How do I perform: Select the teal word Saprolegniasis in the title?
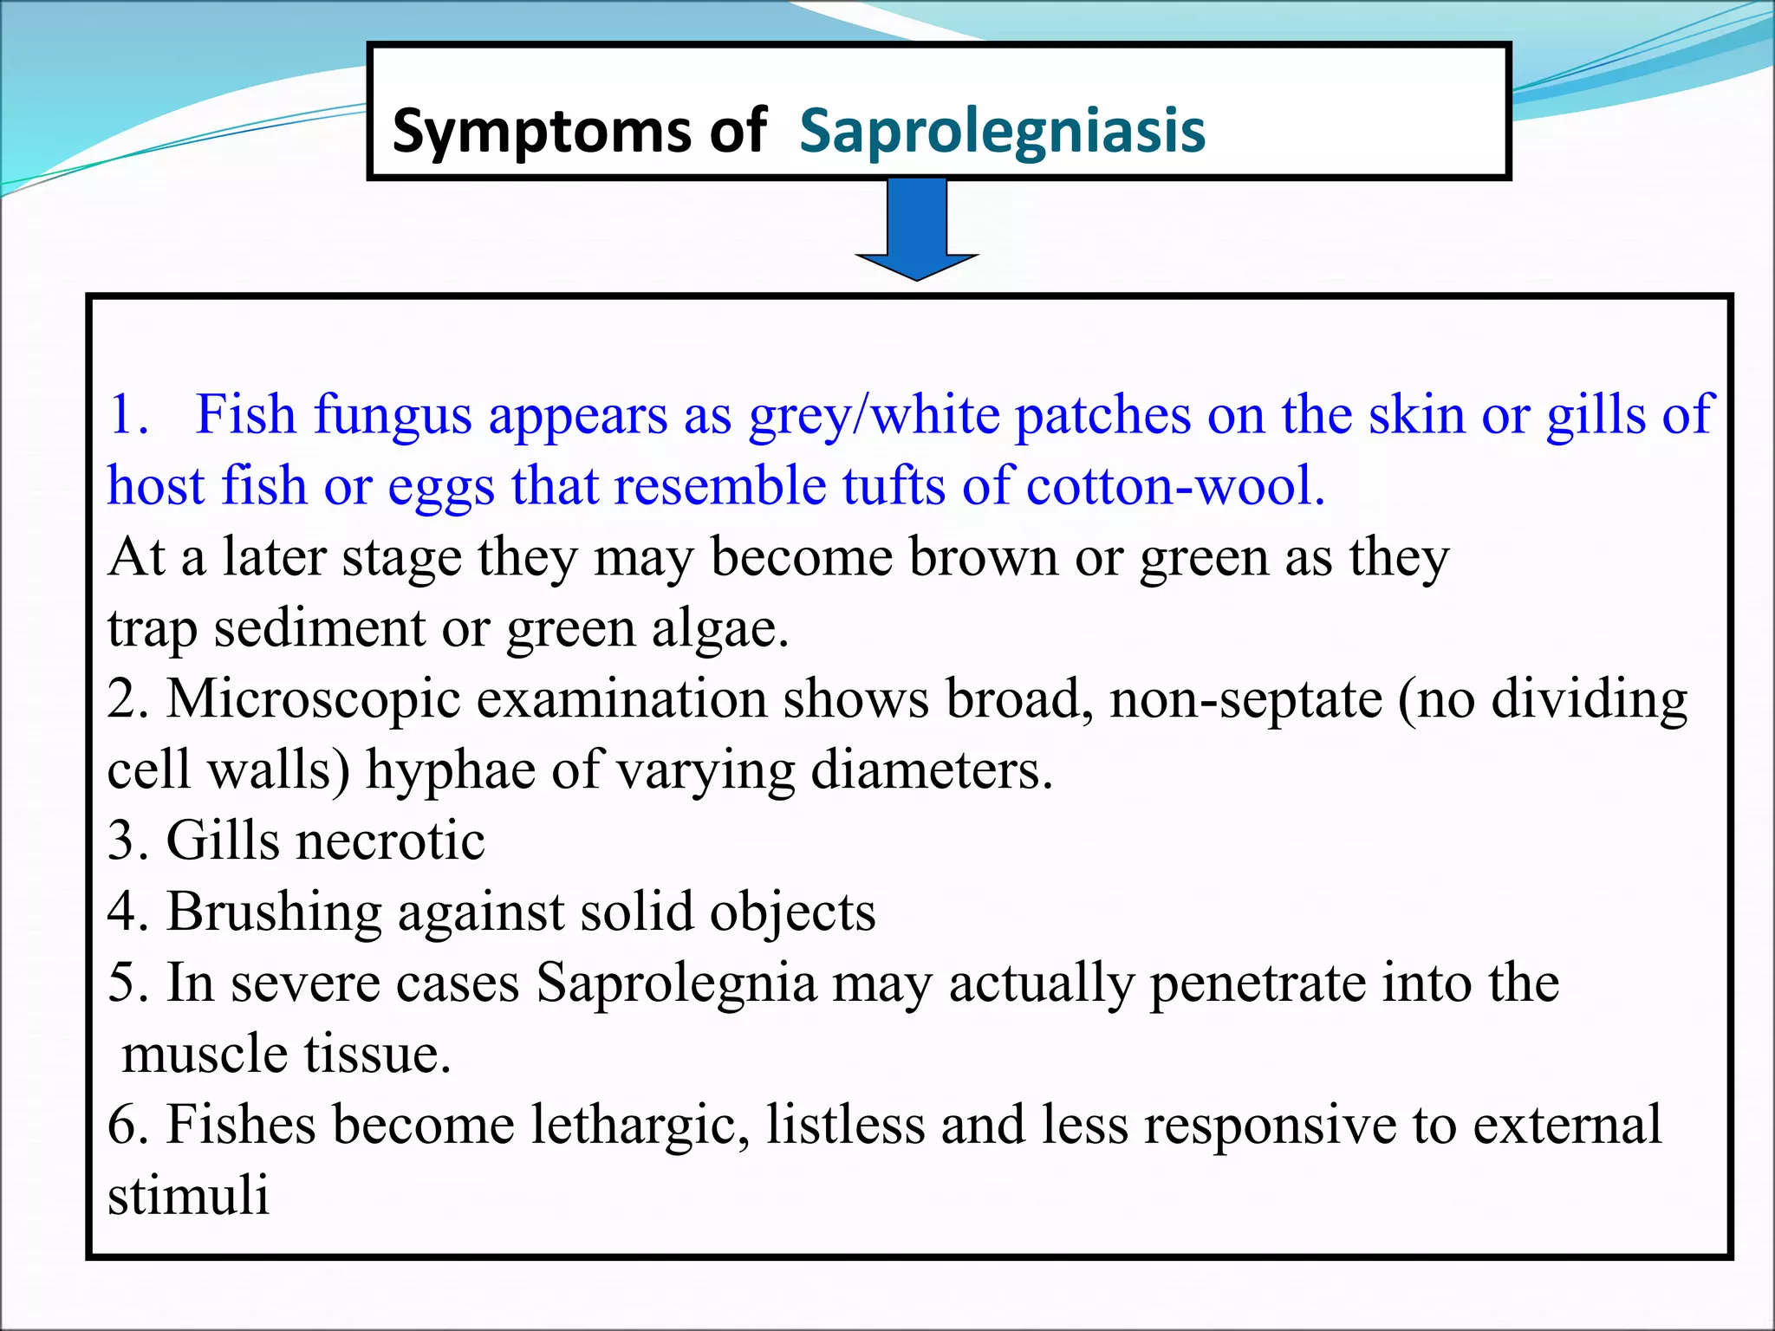click(x=1002, y=133)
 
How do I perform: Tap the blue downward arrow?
click(x=917, y=230)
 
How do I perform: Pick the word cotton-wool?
click(x=1175, y=486)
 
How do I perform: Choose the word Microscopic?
click(x=313, y=699)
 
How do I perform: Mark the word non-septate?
click(x=1246, y=699)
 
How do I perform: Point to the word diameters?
click(x=932, y=770)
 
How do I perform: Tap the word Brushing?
click(x=274, y=912)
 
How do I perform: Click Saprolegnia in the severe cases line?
click(x=676, y=984)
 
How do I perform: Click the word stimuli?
click(x=188, y=1196)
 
